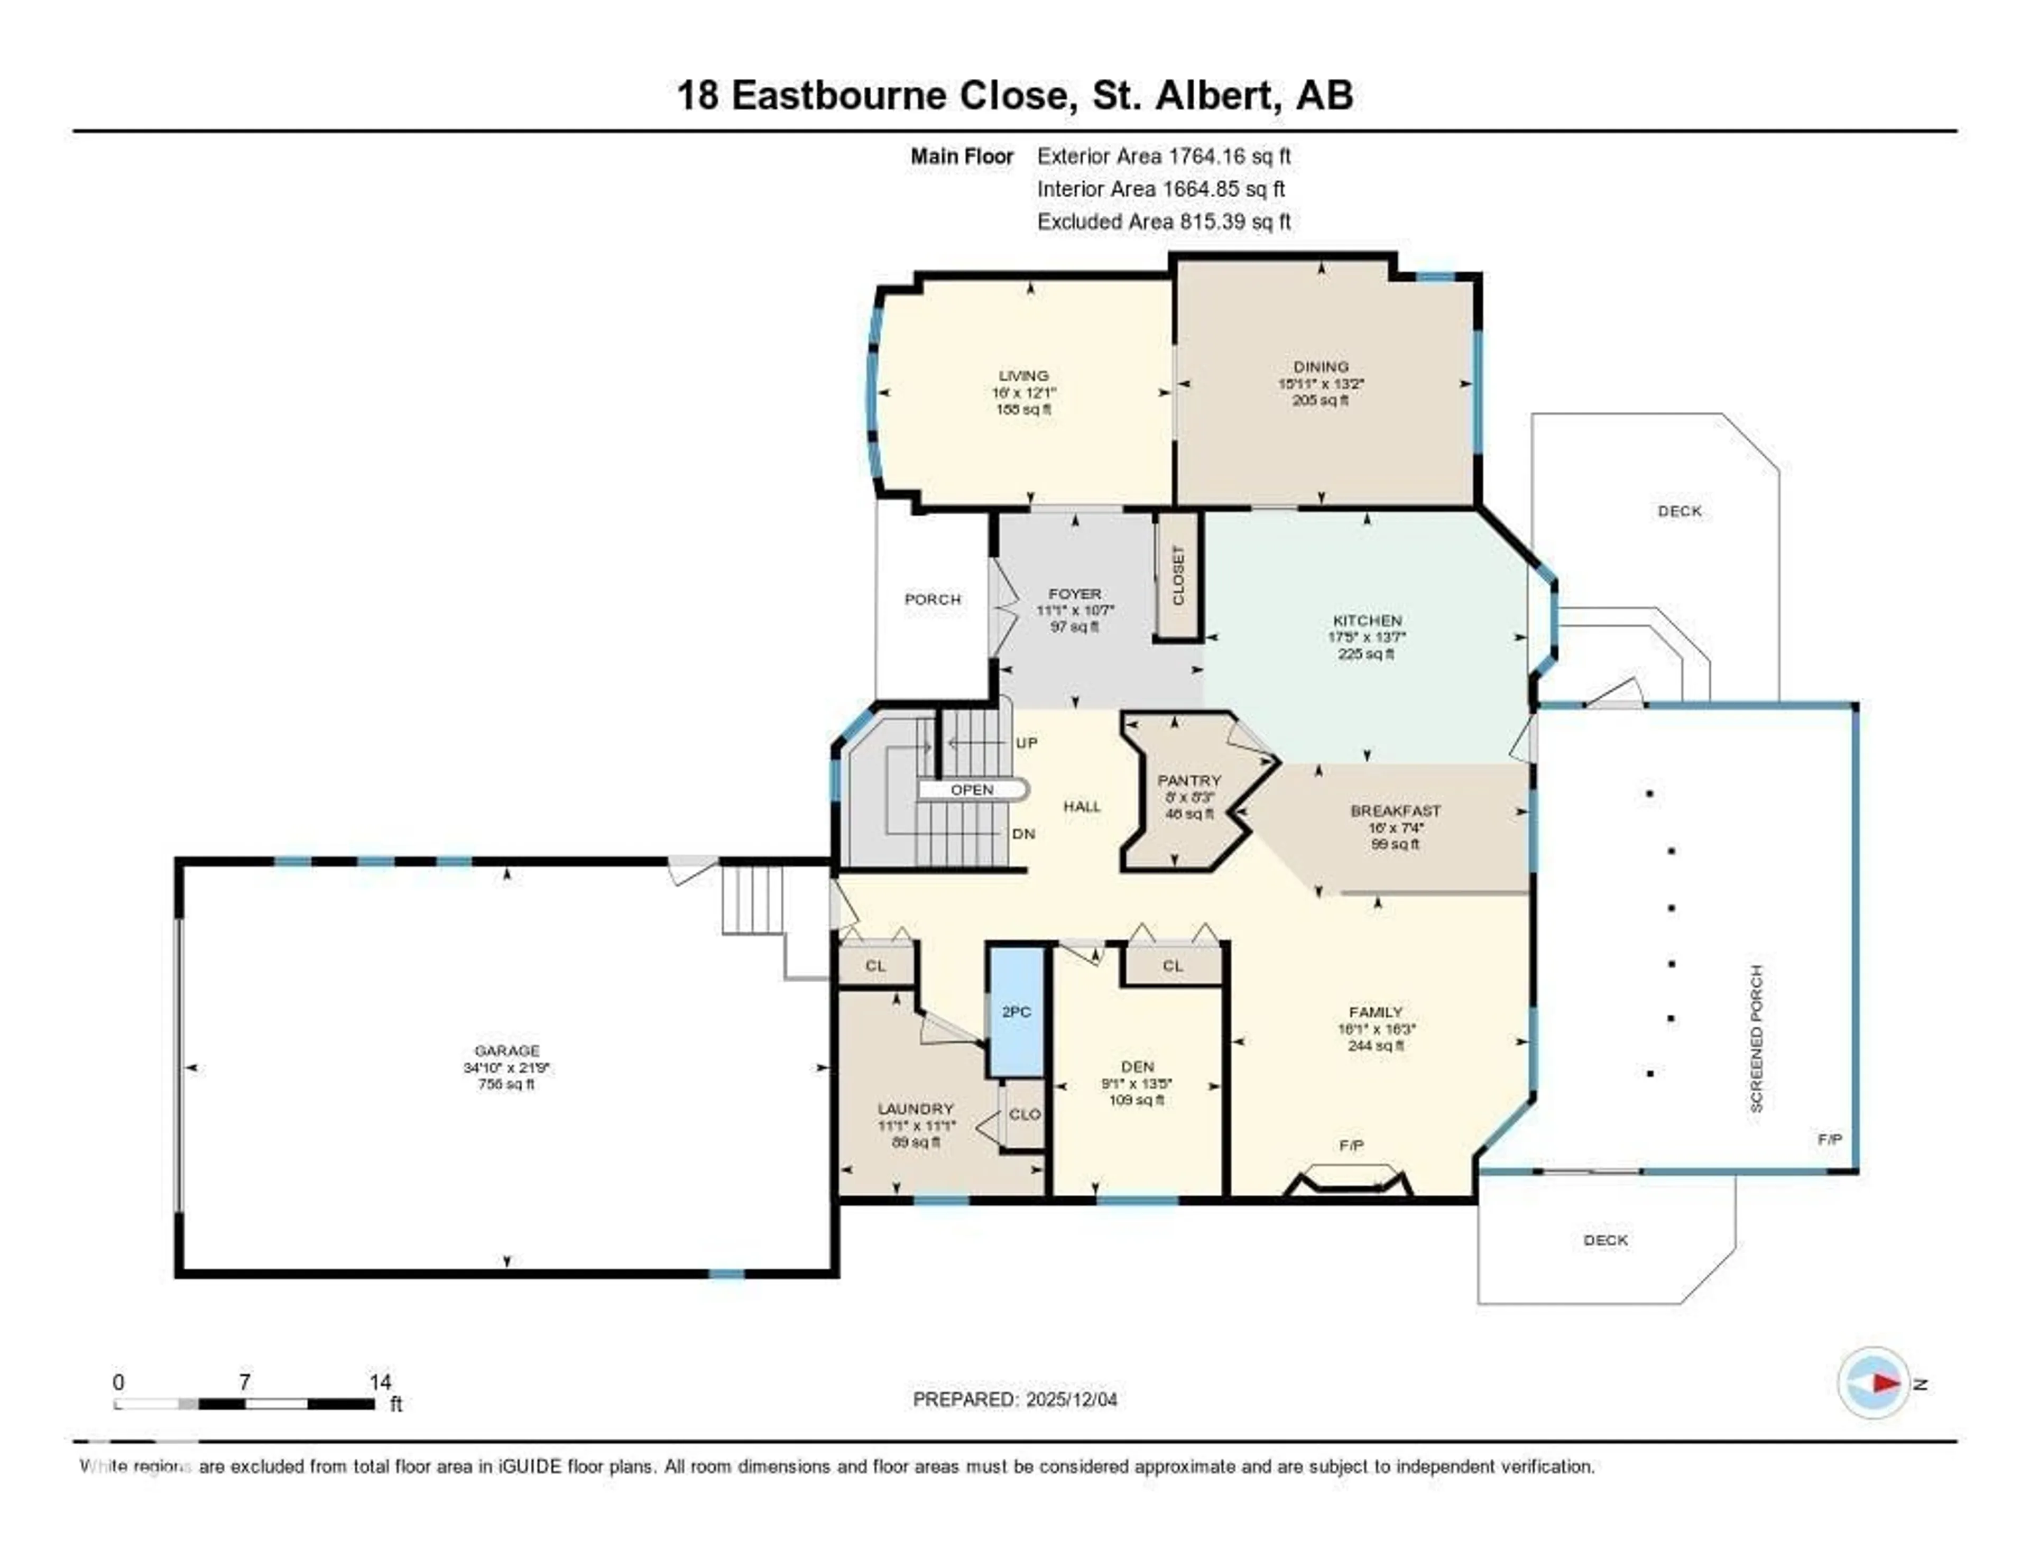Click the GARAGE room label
point(506,1050)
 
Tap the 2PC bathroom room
point(1016,1011)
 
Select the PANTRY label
point(1189,781)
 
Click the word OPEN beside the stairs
point(971,790)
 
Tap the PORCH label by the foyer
point(933,599)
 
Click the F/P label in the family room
point(1351,1146)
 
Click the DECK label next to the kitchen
point(1680,511)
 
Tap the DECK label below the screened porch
point(1605,1240)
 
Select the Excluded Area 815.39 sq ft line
point(1164,221)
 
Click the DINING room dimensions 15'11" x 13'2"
point(1321,383)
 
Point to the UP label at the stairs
point(1026,743)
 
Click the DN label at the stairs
point(1023,834)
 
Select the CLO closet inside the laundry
point(1025,1114)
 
